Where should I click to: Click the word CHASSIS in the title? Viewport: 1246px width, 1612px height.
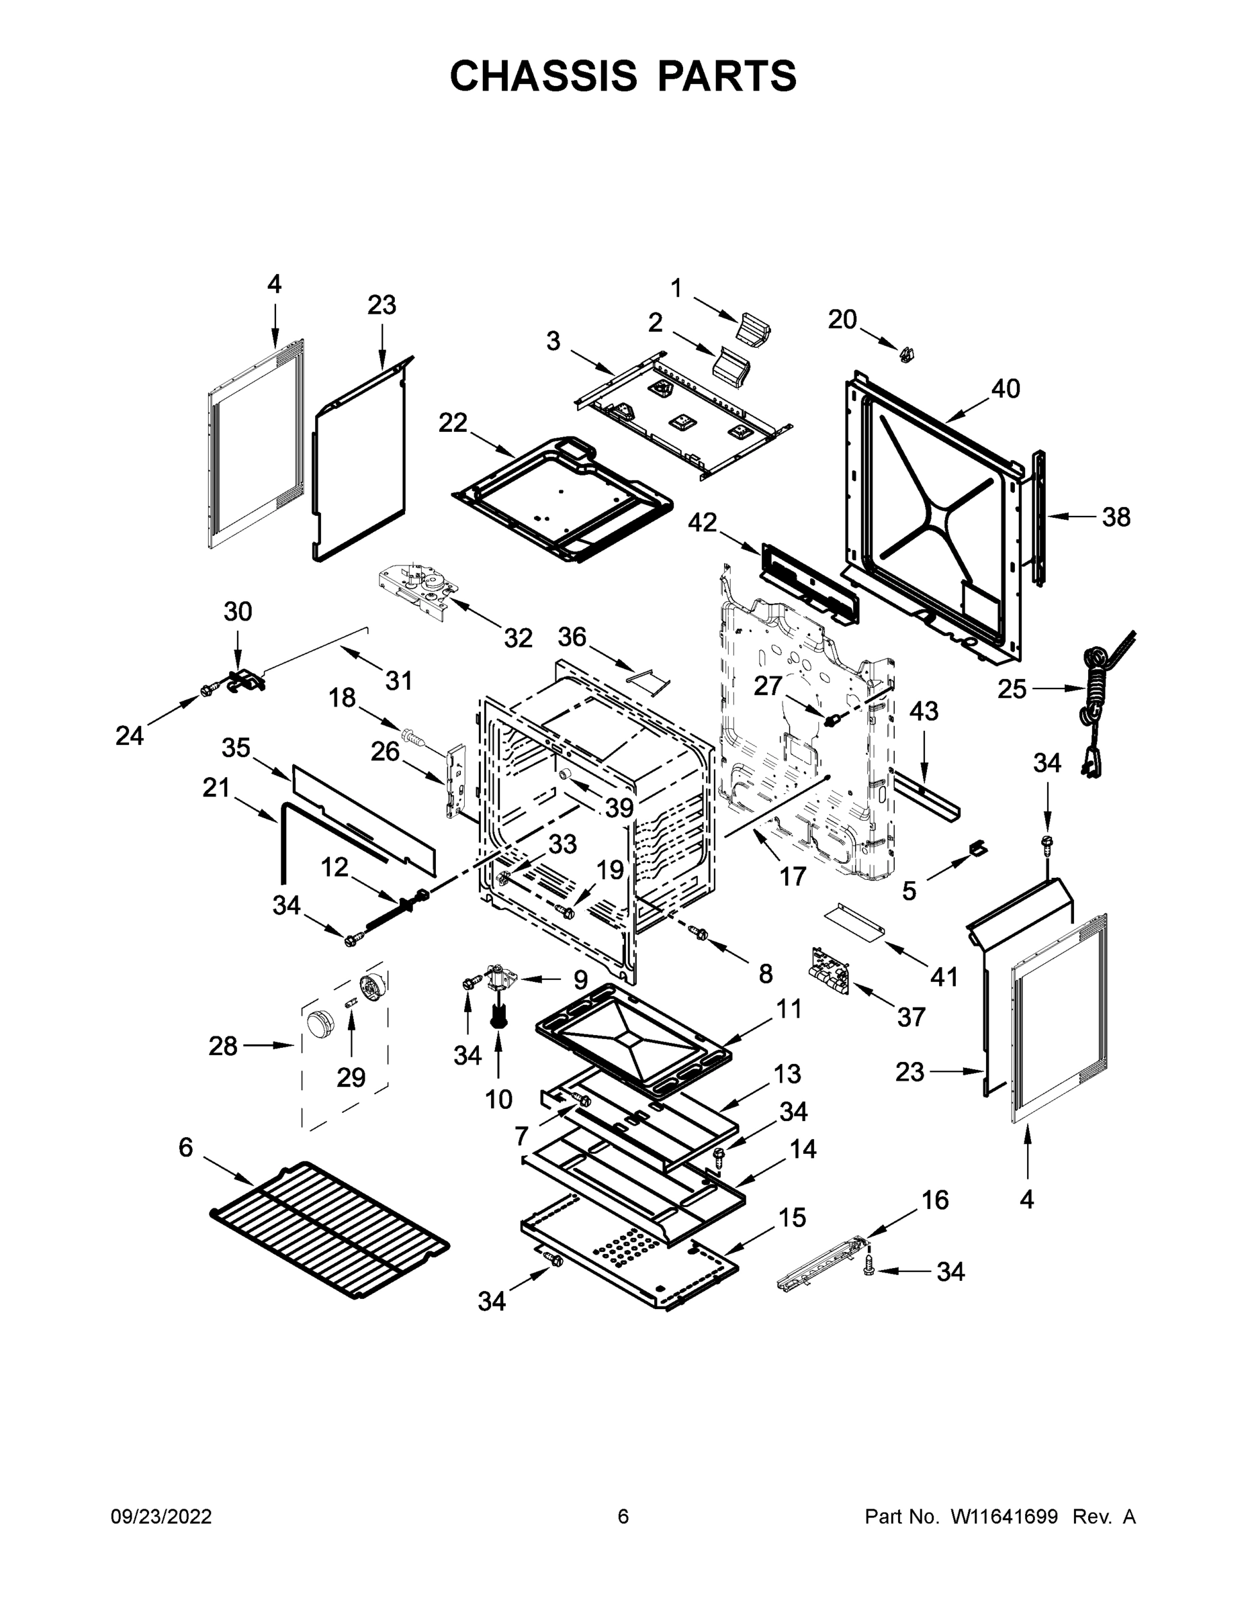[543, 76]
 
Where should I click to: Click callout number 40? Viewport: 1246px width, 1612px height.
[1005, 389]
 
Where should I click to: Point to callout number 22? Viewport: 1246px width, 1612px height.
[453, 423]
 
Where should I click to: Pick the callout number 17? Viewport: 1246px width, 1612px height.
[792, 876]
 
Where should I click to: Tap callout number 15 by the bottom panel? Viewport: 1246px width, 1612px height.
[792, 1217]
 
